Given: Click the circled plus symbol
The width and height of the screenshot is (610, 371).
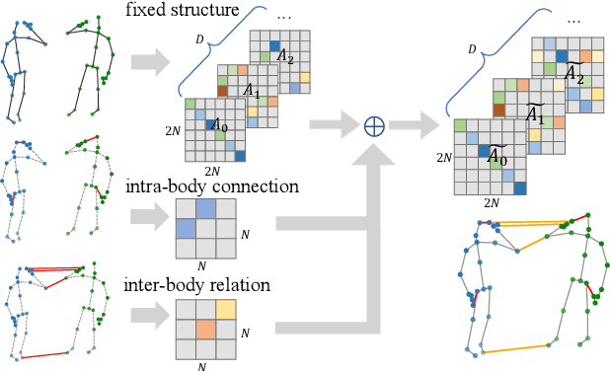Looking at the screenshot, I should (374, 126).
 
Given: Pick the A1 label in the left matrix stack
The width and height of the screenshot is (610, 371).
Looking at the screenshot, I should (253, 90).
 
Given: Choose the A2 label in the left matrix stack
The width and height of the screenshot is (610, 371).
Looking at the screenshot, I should (284, 56).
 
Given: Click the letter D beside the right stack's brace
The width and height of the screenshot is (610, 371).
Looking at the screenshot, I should (471, 47).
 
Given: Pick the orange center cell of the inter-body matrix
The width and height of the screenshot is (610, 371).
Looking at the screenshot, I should (206, 329).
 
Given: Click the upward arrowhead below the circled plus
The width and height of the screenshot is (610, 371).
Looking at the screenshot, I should (374, 158).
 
